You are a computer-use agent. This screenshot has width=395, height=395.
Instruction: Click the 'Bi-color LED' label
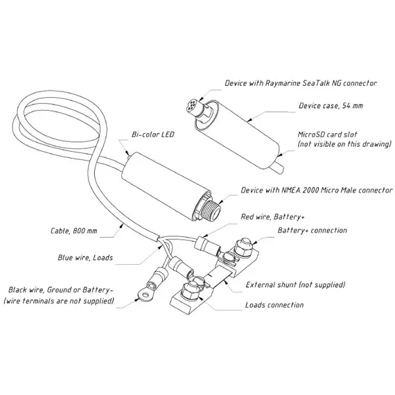click(x=153, y=134)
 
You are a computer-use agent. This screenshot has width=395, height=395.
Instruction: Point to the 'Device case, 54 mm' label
click(x=331, y=105)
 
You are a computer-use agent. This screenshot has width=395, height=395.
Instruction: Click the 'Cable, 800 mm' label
click(x=74, y=231)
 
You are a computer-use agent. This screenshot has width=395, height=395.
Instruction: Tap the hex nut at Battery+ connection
click(x=243, y=247)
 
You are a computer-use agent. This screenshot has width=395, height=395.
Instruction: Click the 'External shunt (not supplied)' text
click(x=295, y=285)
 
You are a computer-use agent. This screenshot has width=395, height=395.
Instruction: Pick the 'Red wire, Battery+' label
click(x=272, y=217)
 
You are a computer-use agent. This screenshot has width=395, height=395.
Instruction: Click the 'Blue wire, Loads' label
click(x=85, y=258)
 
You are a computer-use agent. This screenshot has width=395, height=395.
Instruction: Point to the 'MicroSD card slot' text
click(x=328, y=134)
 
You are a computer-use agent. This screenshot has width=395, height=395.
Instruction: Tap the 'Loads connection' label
click(x=274, y=305)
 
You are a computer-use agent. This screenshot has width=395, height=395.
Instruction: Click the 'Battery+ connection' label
click(x=313, y=230)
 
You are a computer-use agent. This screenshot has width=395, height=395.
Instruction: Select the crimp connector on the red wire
click(x=207, y=245)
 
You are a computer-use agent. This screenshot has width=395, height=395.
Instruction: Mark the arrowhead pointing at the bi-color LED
click(x=128, y=152)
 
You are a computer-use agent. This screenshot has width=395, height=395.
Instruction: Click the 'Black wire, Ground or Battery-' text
click(x=59, y=290)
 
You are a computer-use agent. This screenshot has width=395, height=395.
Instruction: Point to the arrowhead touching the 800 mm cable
click(x=122, y=225)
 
